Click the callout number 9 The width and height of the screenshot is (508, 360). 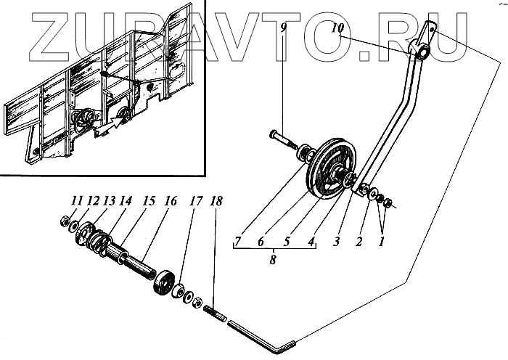285,29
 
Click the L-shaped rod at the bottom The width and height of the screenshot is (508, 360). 261,335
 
